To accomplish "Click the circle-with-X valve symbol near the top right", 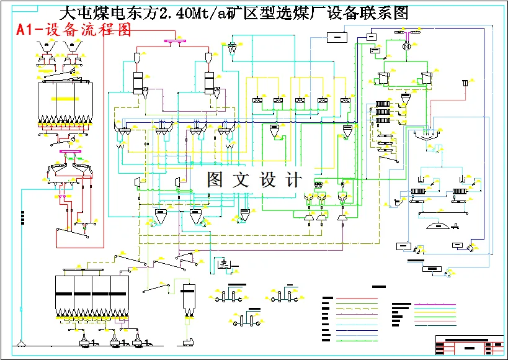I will [x=407, y=47].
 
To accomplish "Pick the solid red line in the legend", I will [x=357, y=299].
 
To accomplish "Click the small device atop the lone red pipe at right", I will [x=465, y=83].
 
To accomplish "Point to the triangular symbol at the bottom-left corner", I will [x=22, y=343].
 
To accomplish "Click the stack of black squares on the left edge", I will [x=23, y=217].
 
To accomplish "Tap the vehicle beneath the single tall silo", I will [x=188, y=342].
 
